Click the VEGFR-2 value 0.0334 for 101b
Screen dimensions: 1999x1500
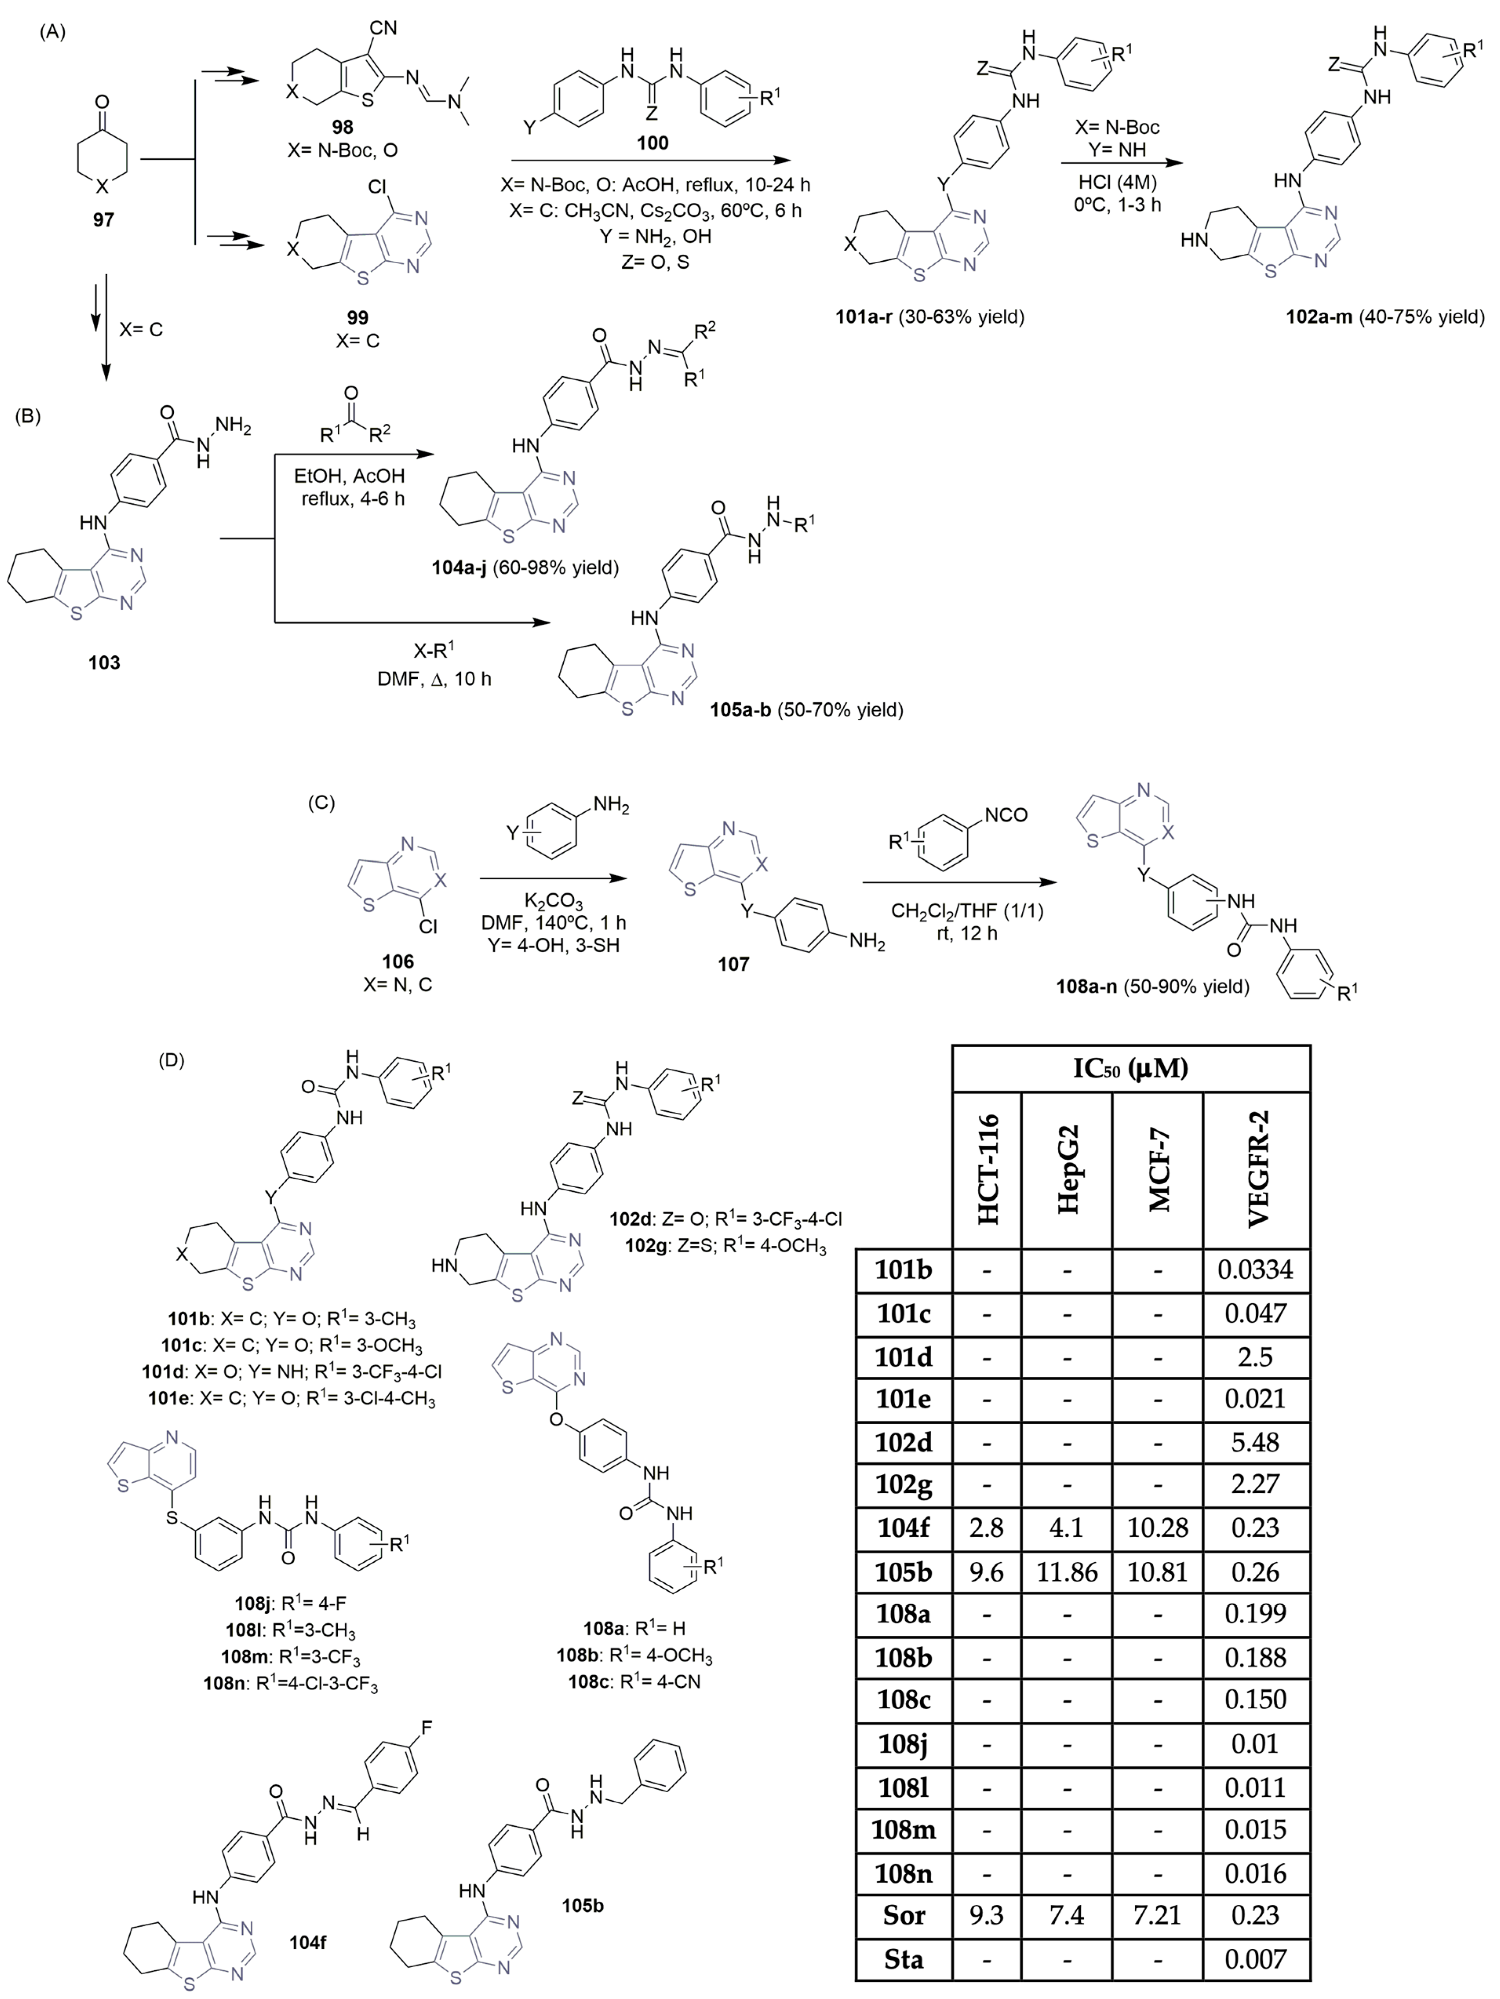click(1255, 1270)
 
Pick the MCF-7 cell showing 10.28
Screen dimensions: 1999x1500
click(1158, 1527)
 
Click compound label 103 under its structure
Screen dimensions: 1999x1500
click(104, 662)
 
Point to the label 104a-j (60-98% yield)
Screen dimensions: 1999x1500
click(524, 568)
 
